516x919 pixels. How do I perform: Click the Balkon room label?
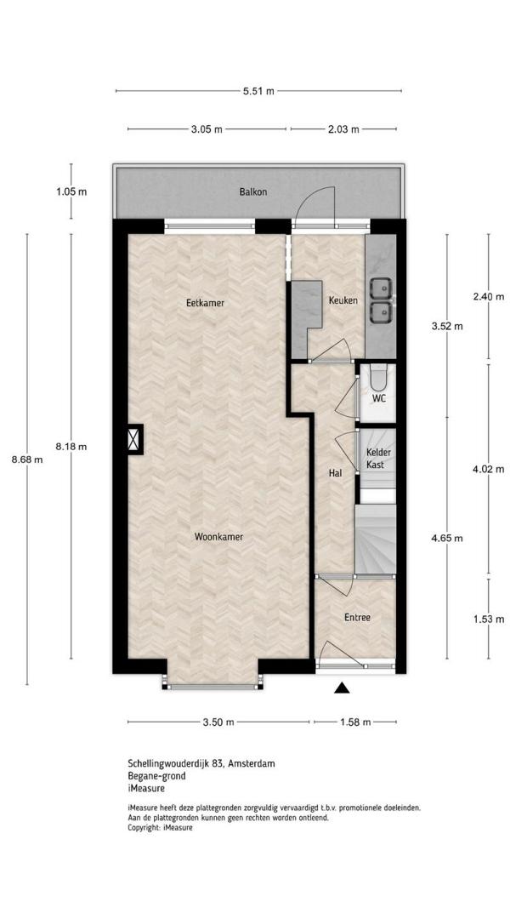point(253,191)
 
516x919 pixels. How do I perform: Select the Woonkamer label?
point(218,536)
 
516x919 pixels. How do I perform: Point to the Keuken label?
point(343,300)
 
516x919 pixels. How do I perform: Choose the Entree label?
point(357,617)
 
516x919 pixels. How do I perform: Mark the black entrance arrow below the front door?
point(342,688)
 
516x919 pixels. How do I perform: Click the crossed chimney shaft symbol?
point(134,438)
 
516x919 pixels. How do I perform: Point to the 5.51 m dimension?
point(258,91)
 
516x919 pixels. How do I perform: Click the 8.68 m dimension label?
point(27,459)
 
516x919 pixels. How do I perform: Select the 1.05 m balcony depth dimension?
point(71,191)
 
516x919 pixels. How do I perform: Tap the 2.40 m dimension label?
point(489,297)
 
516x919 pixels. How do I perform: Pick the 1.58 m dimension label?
point(355,722)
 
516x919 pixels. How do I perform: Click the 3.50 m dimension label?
point(218,722)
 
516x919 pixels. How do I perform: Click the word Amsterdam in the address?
point(252,763)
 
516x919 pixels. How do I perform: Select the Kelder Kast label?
point(378,459)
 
